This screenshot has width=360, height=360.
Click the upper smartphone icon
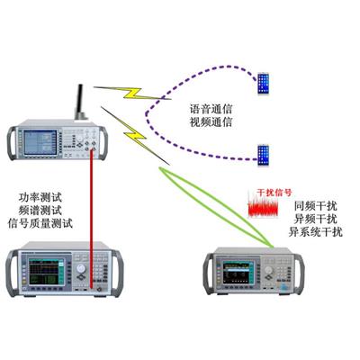tap(263, 83)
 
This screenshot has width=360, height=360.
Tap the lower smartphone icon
tap(263, 155)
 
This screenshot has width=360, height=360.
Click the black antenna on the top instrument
tap(81, 102)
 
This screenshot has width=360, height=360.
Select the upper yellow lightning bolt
tap(132, 93)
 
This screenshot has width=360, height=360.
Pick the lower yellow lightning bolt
tap(136, 136)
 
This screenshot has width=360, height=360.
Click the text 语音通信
tap(211, 109)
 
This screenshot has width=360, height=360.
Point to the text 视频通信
tap(211, 122)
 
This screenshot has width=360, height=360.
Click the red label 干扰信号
tap(274, 193)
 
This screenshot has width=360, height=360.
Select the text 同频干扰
tap(316, 206)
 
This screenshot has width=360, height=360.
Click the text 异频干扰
tap(316, 219)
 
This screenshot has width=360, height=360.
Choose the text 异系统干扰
tap(316, 232)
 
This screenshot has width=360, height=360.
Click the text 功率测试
tap(40, 198)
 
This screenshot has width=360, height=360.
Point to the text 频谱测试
tap(40, 211)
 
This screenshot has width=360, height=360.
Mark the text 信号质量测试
tap(40, 223)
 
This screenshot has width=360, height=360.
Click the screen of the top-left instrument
tap(40, 142)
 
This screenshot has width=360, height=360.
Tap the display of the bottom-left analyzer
tap(47, 271)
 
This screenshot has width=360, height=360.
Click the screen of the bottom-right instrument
tap(238, 272)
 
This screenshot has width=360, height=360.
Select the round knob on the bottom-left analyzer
tap(81, 268)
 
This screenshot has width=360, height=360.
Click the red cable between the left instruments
tap(91, 219)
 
